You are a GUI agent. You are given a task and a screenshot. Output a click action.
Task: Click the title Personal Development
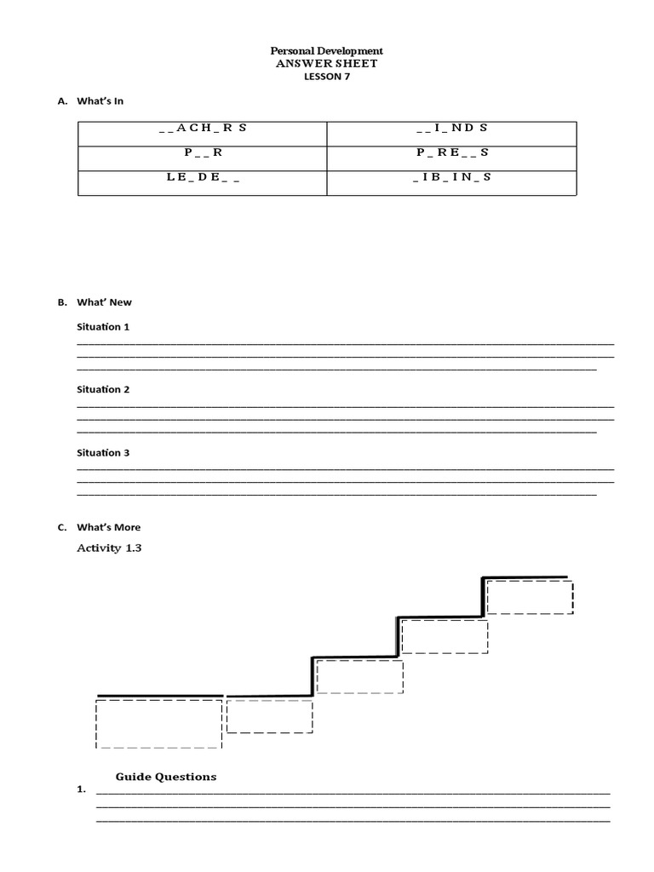click(327, 51)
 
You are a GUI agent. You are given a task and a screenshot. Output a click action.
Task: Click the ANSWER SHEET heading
click(327, 64)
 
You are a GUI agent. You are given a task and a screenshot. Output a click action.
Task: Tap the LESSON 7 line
click(327, 77)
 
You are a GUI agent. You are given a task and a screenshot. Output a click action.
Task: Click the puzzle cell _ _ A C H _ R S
click(202, 128)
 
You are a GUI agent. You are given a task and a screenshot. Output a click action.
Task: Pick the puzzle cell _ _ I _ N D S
click(451, 128)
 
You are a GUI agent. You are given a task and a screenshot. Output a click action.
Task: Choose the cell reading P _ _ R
click(202, 152)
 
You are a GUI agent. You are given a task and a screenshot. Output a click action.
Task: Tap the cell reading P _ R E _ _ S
click(451, 152)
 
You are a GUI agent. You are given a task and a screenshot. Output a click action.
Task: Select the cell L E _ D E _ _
click(202, 177)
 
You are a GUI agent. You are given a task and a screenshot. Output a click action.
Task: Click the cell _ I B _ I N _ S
click(451, 177)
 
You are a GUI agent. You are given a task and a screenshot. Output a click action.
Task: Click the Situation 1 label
click(103, 327)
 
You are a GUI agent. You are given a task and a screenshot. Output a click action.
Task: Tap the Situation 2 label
click(103, 390)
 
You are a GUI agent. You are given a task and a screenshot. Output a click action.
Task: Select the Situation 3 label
click(103, 453)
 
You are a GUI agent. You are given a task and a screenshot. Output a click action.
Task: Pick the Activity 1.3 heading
click(109, 548)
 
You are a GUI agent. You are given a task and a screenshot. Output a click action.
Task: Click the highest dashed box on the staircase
click(529, 596)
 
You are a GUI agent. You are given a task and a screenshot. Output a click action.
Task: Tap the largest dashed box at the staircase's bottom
click(159, 723)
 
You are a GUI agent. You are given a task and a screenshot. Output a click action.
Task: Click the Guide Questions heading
click(166, 777)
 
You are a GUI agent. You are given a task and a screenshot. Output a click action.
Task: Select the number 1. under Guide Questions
click(82, 790)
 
